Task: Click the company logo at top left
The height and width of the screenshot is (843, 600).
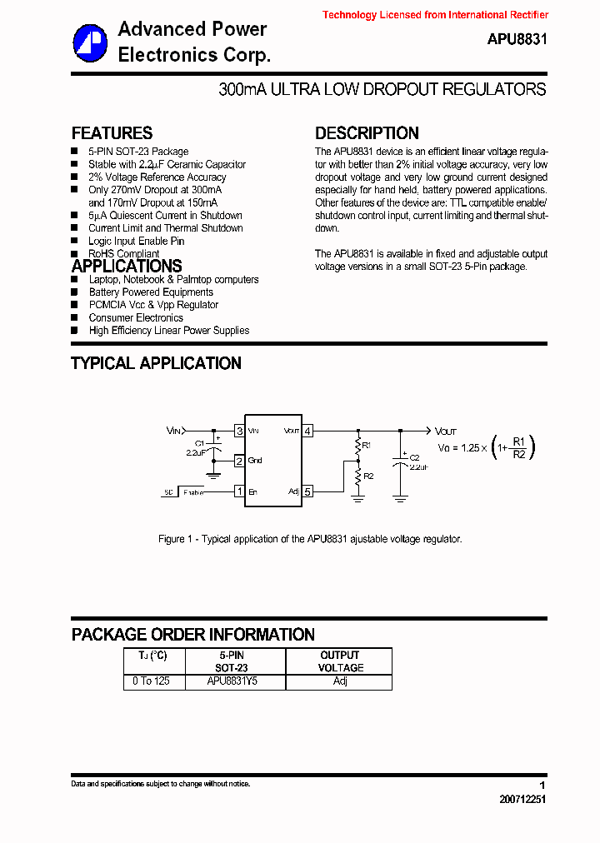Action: click(89, 42)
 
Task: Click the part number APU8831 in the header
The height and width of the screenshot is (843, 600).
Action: click(517, 39)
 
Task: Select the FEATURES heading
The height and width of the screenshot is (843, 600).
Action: click(112, 133)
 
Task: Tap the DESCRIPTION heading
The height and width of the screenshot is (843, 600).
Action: click(367, 133)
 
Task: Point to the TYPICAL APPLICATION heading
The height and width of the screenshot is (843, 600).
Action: click(156, 363)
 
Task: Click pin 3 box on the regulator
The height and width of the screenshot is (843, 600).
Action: click(239, 431)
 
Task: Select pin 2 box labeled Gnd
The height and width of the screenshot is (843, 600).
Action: click(239, 461)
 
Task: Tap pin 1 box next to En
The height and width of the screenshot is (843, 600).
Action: click(239, 491)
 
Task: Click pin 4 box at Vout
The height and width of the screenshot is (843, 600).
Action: click(307, 431)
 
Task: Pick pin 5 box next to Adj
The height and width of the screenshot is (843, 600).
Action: click(307, 491)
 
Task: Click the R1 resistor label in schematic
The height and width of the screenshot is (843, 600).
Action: click(367, 446)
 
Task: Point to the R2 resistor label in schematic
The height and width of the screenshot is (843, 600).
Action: click(368, 476)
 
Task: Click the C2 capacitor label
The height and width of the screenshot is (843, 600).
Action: click(414, 457)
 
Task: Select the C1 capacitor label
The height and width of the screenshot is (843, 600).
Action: click(199, 442)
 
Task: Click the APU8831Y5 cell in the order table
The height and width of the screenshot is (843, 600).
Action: click(232, 681)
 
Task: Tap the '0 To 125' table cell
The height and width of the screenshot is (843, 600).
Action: click(151, 681)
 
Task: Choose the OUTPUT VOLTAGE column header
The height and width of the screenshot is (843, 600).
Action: click(340, 661)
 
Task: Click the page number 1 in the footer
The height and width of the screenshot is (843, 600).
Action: click(542, 786)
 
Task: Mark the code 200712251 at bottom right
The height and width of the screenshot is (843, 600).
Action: click(523, 799)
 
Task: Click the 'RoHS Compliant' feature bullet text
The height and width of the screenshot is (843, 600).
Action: click(124, 253)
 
